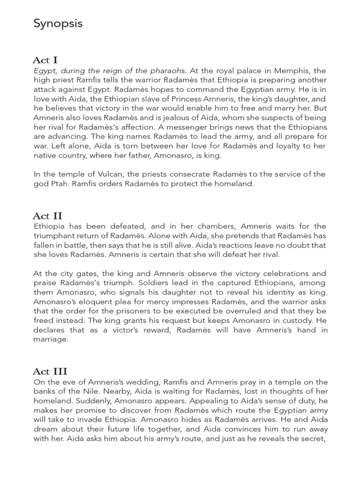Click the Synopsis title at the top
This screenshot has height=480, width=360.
point(58,23)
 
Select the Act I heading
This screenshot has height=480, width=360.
point(45,60)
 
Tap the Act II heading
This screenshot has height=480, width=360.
point(47,216)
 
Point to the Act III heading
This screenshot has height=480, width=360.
point(50,372)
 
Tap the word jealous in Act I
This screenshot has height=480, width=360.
point(194,118)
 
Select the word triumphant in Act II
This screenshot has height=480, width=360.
point(56,236)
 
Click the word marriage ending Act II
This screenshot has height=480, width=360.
point(51,339)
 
